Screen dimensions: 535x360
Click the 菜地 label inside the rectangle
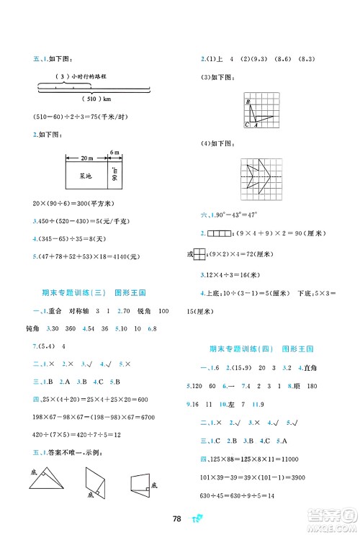pos(86,173)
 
